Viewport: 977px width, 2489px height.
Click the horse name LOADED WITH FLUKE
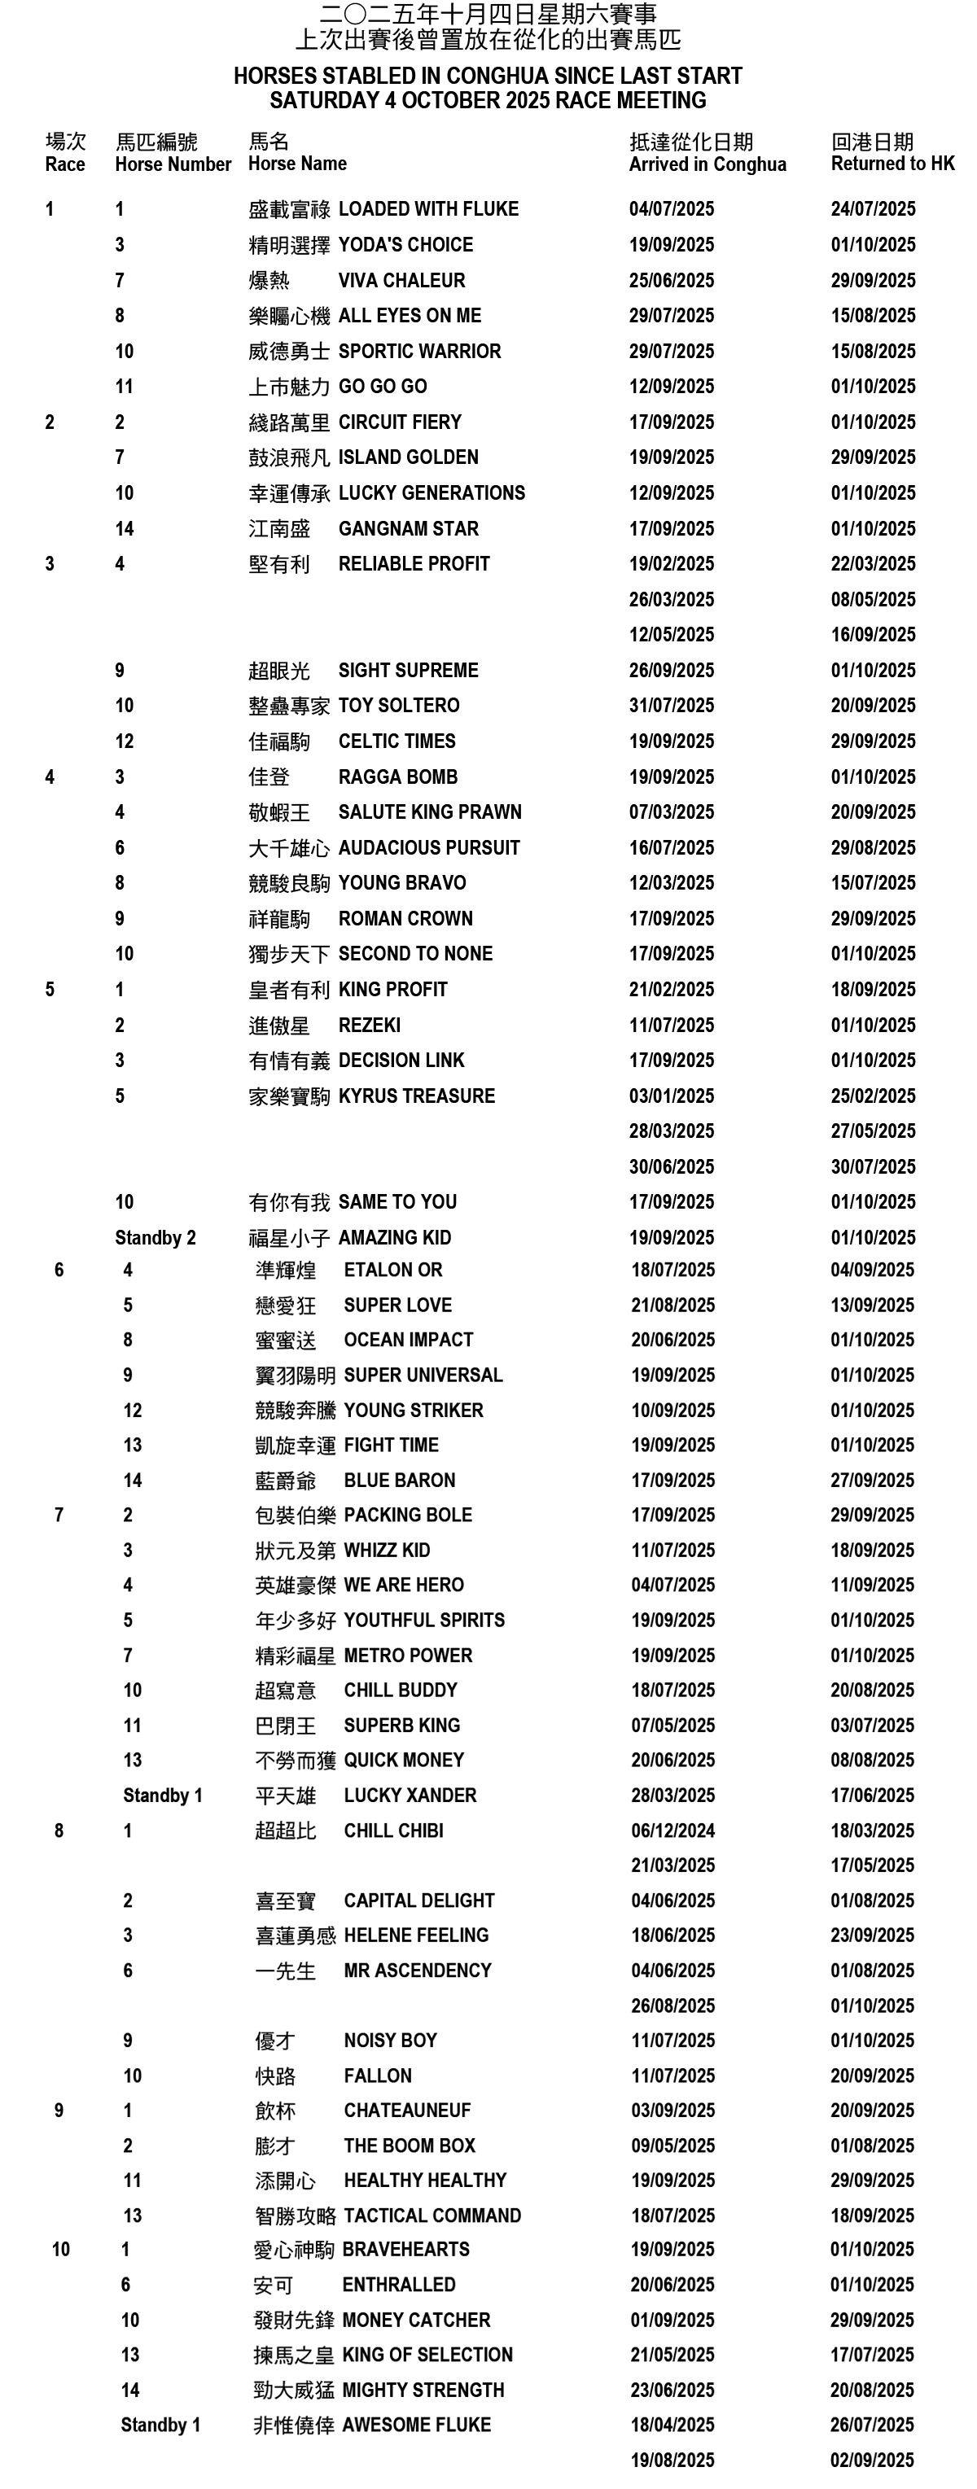(428, 208)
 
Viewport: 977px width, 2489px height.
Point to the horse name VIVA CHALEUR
(401, 280)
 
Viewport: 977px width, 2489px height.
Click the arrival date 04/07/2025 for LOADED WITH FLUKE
(671, 208)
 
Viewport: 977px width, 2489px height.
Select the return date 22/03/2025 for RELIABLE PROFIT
(873, 563)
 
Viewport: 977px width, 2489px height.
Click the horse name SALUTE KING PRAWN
(429, 811)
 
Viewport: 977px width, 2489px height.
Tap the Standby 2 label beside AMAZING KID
(155, 1238)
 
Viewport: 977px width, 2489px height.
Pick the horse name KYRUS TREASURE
(417, 1096)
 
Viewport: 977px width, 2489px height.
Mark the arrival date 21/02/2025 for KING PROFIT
(671, 990)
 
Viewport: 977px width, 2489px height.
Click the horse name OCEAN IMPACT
(408, 1339)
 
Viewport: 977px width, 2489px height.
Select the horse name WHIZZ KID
(387, 1550)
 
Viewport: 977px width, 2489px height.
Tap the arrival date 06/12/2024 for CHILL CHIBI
(673, 1830)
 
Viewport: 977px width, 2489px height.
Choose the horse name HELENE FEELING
(415, 1935)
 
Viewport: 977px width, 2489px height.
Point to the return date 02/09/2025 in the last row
(872, 2460)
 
